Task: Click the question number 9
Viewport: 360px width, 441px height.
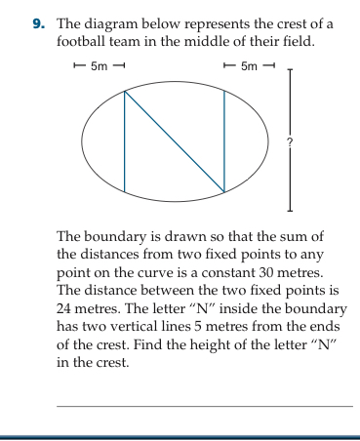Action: click(x=40, y=23)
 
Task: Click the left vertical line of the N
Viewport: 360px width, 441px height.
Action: click(x=124, y=141)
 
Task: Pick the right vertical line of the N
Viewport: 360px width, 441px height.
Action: click(x=224, y=141)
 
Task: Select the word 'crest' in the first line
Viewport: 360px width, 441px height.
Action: click(x=295, y=23)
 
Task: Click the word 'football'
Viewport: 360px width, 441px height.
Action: click(x=85, y=42)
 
